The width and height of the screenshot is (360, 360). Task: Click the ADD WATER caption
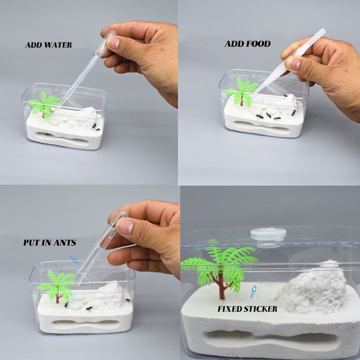49,45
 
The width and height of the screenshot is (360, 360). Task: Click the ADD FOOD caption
247,44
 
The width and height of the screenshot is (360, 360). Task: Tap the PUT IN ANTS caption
49,243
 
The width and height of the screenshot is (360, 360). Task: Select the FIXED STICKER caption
247,309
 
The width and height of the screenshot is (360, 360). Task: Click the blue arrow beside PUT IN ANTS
74,259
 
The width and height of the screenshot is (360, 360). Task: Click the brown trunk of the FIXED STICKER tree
222,288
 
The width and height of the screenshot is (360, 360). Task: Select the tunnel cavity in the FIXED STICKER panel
270,340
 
